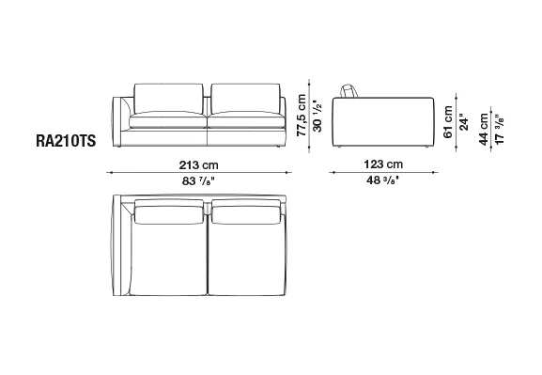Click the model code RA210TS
coord(66,141)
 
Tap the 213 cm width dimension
coord(199,165)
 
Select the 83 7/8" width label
coord(199,181)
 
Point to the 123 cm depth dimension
coord(383,164)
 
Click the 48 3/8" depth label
coord(382,180)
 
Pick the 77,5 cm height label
coord(302,116)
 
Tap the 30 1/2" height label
coord(317,117)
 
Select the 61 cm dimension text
coord(448,122)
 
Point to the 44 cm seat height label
coord(484,129)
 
